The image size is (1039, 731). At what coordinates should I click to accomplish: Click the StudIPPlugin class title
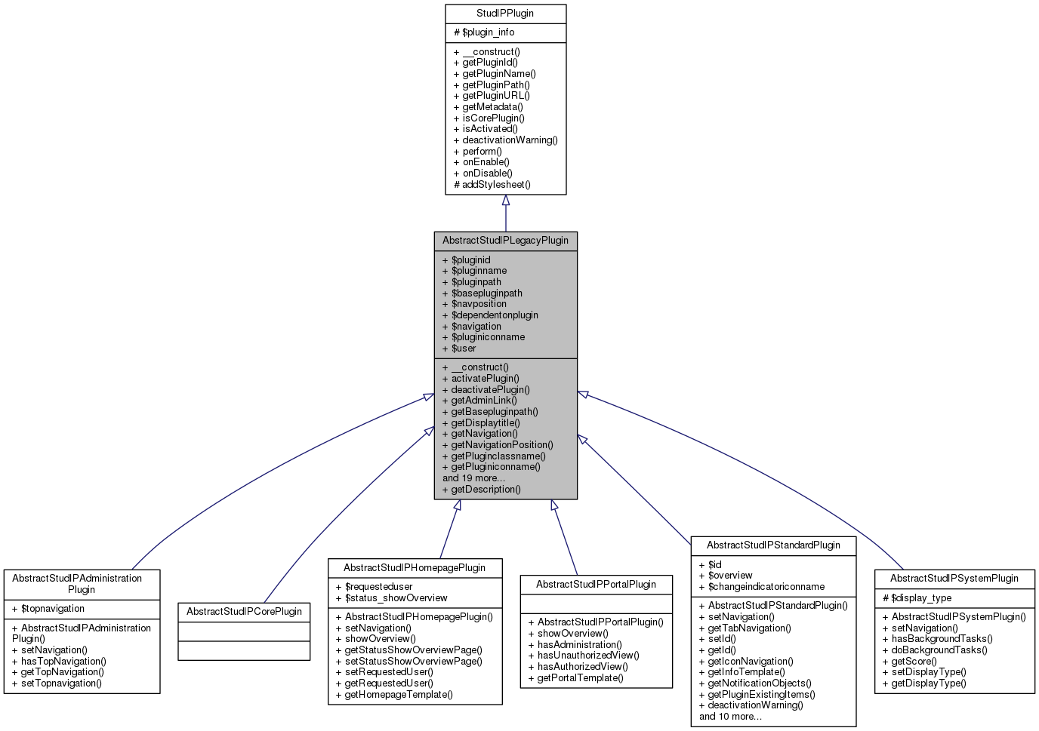pyautogui.click(x=505, y=14)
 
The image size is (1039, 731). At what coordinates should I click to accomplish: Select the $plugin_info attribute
pyautogui.click(x=484, y=32)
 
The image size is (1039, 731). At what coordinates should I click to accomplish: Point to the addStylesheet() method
pyautogui.click(x=492, y=184)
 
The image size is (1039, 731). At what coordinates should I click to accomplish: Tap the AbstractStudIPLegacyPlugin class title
pyautogui.click(x=505, y=241)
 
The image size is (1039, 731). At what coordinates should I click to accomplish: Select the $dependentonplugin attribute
pyautogui.click(x=490, y=315)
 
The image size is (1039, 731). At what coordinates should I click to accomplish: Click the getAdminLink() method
pyautogui.click(x=479, y=401)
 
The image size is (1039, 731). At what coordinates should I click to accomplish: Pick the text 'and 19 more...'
pyautogui.click(x=473, y=478)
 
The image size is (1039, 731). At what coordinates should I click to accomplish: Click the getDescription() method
pyautogui.click(x=481, y=490)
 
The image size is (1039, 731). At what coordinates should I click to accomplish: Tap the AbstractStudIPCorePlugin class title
pyautogui.click(x=244, y=612)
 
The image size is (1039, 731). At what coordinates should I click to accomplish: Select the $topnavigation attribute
pyautogui.click(x=48, y=609)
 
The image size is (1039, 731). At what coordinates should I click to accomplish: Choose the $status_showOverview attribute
pyautogui.click(x=391, y=598)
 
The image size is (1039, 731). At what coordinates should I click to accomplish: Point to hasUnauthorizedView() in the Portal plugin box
pyautogui.click(x=584, y=656)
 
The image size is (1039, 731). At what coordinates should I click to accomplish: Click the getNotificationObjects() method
pyautogui.click(x=755, y=683)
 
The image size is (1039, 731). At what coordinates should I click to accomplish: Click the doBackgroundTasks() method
pyautogui.click(x=935, y=650)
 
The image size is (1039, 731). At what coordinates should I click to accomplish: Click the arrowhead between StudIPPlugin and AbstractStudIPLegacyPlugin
pyautogui.click(x=506, y=201)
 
